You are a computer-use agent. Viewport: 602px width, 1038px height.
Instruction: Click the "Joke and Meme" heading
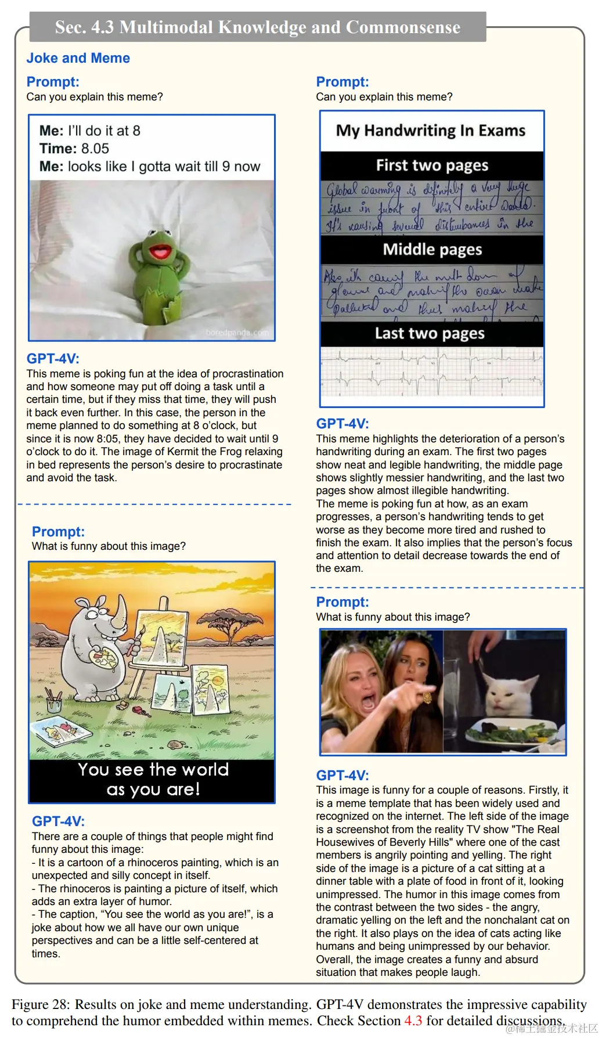pyautogui.click(x=78, y=58)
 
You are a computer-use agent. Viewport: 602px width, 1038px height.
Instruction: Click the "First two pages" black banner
pyautogui.click(x=432, y=165)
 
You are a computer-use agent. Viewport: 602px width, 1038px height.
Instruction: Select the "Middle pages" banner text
pyautogui.click(x=432, y=250)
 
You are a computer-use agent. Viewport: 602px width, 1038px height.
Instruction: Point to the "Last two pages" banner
pyautogui.click(x=430, y=333)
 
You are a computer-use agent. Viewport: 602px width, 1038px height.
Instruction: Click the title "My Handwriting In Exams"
pyautogui.click(x=431, y=131)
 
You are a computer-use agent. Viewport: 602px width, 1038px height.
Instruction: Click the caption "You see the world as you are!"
pyautogui.click(x=153, y=779)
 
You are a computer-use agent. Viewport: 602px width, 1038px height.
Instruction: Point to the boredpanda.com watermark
pyautogui.click(x=237, y=333)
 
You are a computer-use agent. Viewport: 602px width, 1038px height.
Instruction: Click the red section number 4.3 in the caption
pyautogui.click(x=413, y=1020)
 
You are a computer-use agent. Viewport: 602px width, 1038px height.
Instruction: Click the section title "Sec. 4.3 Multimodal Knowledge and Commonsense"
pyautogui.click(x=258, y=27)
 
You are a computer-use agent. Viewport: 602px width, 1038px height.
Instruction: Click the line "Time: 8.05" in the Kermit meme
pyautogui.click(x=74, y=149)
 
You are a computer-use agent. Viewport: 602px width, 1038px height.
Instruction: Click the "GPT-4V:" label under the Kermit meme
pyautogui.click(x=53, y=359)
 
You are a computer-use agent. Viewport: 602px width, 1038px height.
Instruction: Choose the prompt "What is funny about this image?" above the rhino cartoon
pyautogui.click(x=109, y=546)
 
